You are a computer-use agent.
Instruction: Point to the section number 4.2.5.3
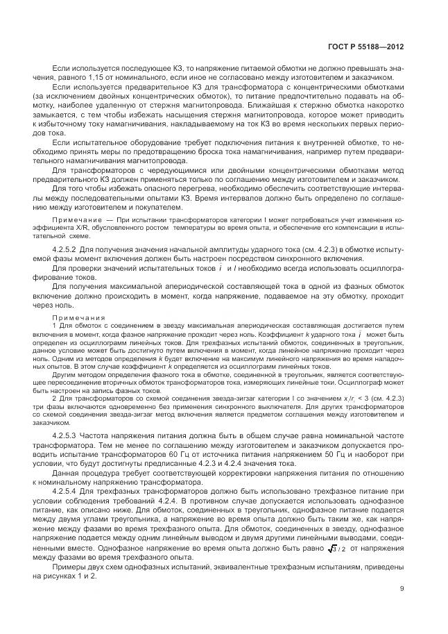click(x=67, y=433)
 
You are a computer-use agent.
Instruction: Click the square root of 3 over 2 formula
click(x=336, y=548)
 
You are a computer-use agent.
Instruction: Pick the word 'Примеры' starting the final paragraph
click(x=71, y=567)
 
